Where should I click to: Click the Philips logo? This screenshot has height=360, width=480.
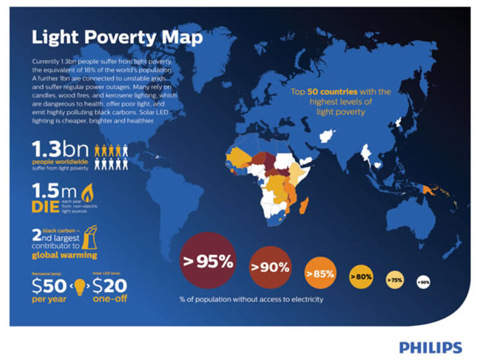click(430, 347)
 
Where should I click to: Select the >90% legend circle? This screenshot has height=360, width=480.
click(270, 267)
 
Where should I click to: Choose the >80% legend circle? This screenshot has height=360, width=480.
click(361, 277)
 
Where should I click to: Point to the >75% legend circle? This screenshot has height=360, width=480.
click(395, 280)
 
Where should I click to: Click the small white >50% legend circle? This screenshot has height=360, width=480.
click(424, 281)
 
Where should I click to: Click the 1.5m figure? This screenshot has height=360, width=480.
click(55, 192)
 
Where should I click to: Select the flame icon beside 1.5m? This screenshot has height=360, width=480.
click(88, 193)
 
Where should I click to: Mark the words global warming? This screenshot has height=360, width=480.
click(64, 256)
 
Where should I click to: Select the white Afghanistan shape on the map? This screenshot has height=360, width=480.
click(327, 137)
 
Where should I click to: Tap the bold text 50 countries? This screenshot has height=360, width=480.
click(333, 92)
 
